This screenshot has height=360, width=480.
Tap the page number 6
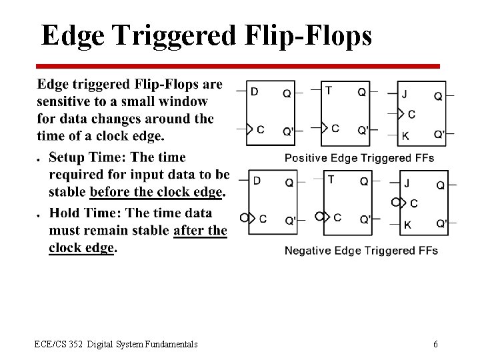(x=435, y=344)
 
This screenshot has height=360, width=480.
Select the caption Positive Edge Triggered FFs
(x=359, y=158)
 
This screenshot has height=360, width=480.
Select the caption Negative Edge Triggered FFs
(x=361, y=251)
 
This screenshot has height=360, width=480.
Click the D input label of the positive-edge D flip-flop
(x=254, y=91)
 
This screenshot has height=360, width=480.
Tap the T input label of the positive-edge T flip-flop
(x=329, y=91)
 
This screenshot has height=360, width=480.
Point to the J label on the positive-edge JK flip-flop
(x=405, y=95)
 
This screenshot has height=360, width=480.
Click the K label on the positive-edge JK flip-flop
(x=405, y=136)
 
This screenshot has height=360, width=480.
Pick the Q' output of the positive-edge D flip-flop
(x=288, y=131)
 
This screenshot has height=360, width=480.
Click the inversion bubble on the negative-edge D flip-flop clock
(x=244, y=217)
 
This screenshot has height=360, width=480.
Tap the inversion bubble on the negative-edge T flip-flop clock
(x=319, y=217)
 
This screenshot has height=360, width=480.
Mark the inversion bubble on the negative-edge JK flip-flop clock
(x=396, y=202)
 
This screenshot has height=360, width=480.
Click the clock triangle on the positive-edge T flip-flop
(x=325, y=127)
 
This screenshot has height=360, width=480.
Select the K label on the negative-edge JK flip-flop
(x=407, y=225)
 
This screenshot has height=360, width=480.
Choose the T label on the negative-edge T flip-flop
(x=331, y=179)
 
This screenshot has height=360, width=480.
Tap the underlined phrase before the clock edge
(x=156, y=193)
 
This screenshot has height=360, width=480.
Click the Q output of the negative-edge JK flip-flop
(x=441, y=185)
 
